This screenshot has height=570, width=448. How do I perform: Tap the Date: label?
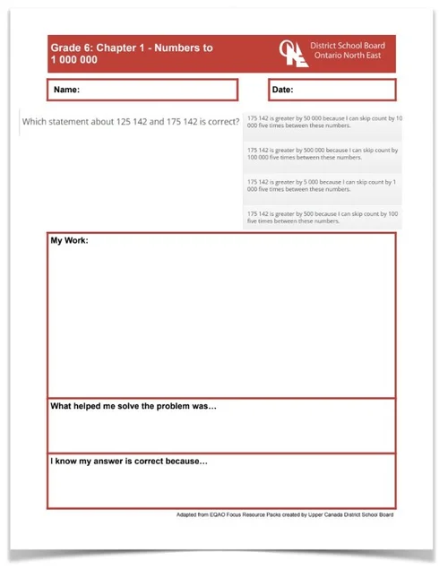(282, 90)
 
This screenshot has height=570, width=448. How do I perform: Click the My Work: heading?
(69, 240)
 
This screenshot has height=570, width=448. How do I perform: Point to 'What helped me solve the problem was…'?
(134, 406)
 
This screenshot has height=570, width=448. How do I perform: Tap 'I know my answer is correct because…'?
(129, 462)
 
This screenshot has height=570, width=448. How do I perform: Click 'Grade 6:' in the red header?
(69, 47)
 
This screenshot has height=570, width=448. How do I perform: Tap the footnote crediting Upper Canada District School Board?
(285, 514)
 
